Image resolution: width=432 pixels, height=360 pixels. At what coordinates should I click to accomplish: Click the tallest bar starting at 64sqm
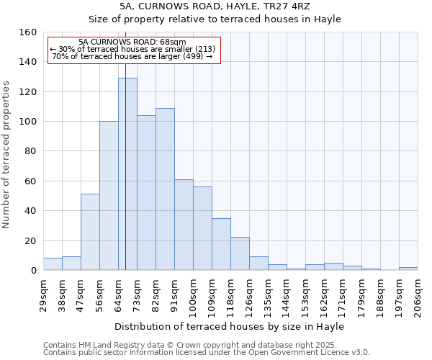pyautogui.click(x=127, y=174)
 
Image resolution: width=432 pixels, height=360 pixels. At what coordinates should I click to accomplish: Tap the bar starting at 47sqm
pyautogui.click(x=90, y=232)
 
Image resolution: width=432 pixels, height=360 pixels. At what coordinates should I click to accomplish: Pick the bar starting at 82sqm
pyautogui.click(x=165, y=189)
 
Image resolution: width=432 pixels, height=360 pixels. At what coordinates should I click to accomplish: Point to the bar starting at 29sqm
pyautogui.click(x=53, y=264)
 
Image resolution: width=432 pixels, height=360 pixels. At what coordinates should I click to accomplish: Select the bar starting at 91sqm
pyautogui.click(x=184, y=225)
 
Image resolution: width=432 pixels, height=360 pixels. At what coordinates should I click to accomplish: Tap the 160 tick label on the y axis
pyautogui.click(x=27, y=32)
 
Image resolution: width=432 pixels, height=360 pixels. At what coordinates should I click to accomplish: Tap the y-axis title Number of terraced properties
pyautogui.click(x=6, y=154)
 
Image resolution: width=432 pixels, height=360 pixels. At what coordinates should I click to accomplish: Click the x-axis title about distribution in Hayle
pyautogui.click(x=229, y=326)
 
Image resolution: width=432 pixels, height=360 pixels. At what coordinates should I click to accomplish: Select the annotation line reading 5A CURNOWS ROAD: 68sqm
pyautogui.click(x=132, y=42)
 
